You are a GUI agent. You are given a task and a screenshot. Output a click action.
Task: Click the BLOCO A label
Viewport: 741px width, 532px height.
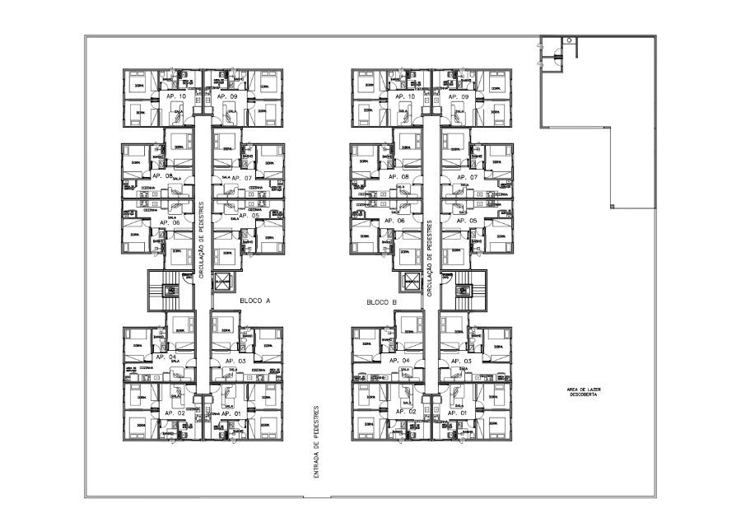[x=255, y=301]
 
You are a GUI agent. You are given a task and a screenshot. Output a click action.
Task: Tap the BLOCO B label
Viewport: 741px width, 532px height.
[x=382, y=302]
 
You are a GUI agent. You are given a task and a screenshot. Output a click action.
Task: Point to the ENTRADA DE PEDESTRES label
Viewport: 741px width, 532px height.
[x=316, y=452]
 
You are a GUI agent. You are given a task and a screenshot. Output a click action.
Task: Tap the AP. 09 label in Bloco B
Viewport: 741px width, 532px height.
[x=459, y=96]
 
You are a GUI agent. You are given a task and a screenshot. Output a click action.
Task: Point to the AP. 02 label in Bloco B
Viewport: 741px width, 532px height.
[x=406, y=411]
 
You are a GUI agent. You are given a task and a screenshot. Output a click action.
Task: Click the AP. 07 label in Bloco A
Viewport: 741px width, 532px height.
[x=240, y=177]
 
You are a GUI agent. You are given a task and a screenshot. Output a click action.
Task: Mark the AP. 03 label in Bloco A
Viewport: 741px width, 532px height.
[x=236, y=361]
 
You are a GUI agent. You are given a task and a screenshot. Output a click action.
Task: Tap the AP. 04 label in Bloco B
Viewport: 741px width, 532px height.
[x=399, y=361]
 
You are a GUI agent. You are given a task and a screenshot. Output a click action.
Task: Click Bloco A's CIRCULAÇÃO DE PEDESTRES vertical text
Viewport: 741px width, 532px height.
[x=201, y=240]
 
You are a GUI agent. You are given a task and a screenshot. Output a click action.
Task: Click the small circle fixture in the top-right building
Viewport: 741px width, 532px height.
[x=568, y=40]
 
